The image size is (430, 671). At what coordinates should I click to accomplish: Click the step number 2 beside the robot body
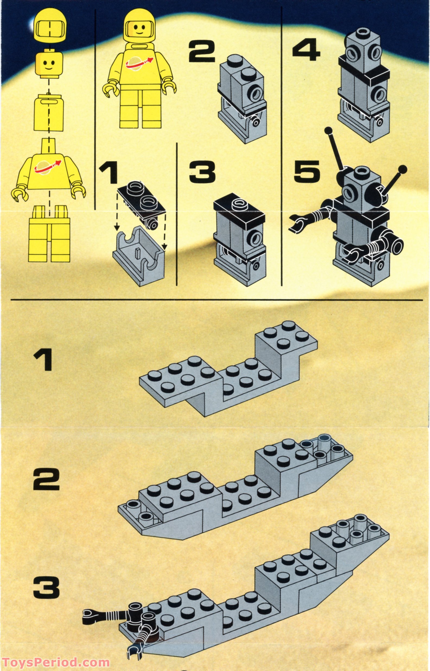(202, 52)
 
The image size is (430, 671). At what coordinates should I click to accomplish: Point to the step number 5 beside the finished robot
(307, 173)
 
